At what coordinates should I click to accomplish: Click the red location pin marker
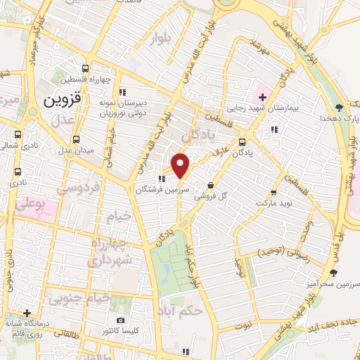click(181, 165)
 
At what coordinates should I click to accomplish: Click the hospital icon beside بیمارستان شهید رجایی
click(262, 96)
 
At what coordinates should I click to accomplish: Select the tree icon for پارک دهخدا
click(340, 107)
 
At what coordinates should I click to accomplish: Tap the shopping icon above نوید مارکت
click(273, 192)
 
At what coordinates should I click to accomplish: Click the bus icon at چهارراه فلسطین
click(86, 69)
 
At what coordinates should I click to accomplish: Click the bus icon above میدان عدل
click(75, 139)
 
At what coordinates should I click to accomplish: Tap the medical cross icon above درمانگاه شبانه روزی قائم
click(27, 313)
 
